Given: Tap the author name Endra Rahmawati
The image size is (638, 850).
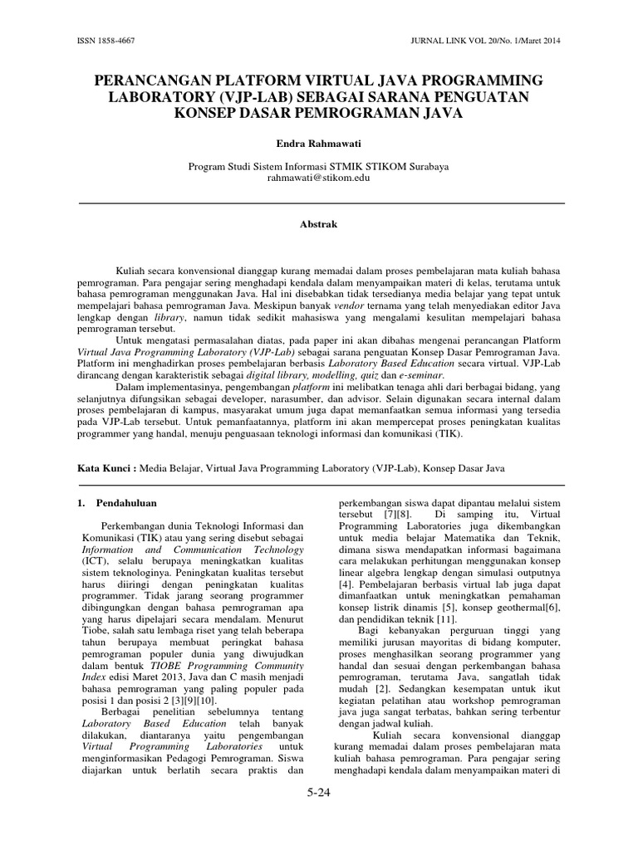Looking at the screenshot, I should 318,143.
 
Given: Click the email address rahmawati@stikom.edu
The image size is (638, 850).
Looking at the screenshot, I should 318,178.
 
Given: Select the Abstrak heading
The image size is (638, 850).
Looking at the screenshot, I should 318,224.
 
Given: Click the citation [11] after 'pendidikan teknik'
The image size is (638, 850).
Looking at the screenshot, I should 447,619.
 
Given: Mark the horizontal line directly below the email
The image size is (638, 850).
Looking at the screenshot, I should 318,203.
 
